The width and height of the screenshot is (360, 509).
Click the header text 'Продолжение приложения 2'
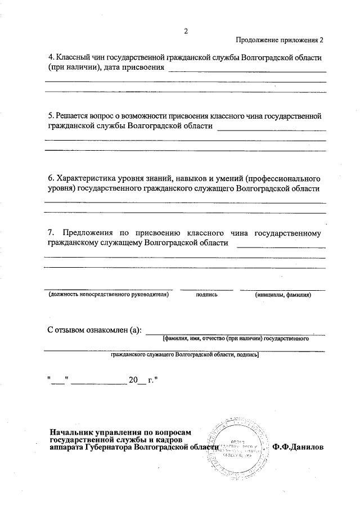click(280, 40)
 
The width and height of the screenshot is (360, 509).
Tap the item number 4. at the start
click(51, 58)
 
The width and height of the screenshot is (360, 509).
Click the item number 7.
click(51, 232)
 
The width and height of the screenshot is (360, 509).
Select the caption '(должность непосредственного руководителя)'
click(109, 294)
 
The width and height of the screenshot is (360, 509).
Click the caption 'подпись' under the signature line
click(206, 294)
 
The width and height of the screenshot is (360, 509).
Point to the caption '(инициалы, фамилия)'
click(282, 294)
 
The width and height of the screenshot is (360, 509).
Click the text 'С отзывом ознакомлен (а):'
click(94, 329)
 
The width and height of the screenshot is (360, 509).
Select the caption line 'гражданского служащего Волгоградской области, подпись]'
click(184, 355)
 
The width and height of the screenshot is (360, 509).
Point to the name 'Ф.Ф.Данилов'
click(298, 448)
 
